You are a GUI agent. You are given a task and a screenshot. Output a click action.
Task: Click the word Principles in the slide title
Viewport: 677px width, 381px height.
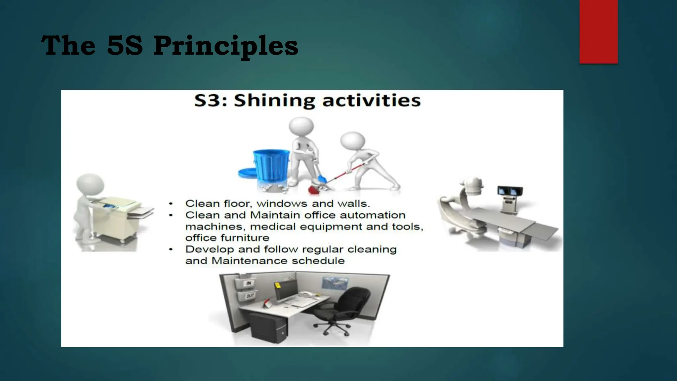tap(225, 46)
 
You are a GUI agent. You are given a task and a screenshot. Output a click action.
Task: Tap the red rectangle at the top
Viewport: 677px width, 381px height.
tap(598, 31)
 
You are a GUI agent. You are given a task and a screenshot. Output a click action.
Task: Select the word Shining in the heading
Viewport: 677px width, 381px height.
tap(274, 101)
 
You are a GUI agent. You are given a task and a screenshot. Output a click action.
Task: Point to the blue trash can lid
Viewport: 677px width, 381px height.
tap(247, 172)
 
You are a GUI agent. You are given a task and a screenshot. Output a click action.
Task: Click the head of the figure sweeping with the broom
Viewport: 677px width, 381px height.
tap(353, 140)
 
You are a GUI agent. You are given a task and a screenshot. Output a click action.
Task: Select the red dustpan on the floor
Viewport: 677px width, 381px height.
tap(314, 190)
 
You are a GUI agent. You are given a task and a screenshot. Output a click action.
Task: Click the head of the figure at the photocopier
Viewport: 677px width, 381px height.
tap(90, 184)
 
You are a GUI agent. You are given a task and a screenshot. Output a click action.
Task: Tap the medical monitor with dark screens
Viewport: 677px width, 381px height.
tap(510, 191)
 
